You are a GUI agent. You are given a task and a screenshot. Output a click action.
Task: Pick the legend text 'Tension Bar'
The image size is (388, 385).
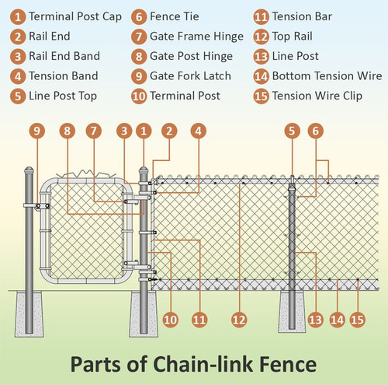297,16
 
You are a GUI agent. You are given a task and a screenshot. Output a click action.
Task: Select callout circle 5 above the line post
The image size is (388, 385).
291,131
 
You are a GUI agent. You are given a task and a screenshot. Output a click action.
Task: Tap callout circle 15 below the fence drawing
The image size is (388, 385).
357,318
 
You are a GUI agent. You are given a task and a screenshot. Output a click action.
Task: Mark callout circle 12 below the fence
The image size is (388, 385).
240,318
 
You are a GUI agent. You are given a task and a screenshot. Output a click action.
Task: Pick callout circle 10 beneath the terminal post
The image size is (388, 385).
169,318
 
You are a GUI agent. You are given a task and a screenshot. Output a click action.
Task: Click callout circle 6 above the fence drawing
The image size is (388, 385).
315,131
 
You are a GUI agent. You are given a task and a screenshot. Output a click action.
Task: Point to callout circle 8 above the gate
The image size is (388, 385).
68,131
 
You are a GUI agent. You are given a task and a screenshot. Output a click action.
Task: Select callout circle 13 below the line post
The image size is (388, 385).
314,318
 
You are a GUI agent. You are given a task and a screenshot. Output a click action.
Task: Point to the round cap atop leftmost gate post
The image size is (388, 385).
29,170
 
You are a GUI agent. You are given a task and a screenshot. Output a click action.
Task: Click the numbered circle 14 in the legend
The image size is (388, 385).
260,76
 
